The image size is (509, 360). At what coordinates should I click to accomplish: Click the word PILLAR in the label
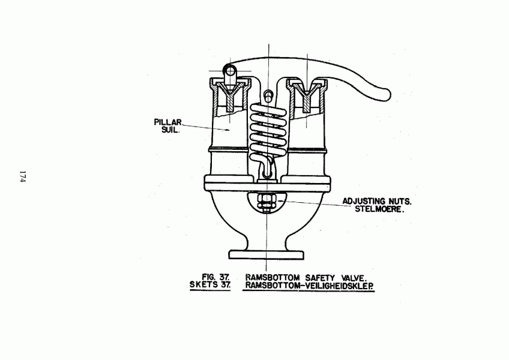[168, 122]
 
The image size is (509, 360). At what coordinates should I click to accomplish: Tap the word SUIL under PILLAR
[170, 130]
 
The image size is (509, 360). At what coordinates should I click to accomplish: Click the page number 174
[23, 176]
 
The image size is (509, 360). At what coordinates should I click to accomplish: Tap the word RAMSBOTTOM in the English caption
[272, 278]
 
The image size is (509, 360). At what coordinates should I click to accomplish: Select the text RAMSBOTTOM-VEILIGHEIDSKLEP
[309, 286]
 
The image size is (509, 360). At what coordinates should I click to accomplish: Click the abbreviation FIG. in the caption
[209, 277]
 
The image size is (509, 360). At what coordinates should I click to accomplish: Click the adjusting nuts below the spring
[266, 202]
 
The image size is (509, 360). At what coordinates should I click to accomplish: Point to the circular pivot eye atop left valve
[230, 70]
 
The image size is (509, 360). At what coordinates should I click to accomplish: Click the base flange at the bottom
[267, 255]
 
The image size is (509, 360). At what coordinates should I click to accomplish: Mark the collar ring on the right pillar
[307, 150]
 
